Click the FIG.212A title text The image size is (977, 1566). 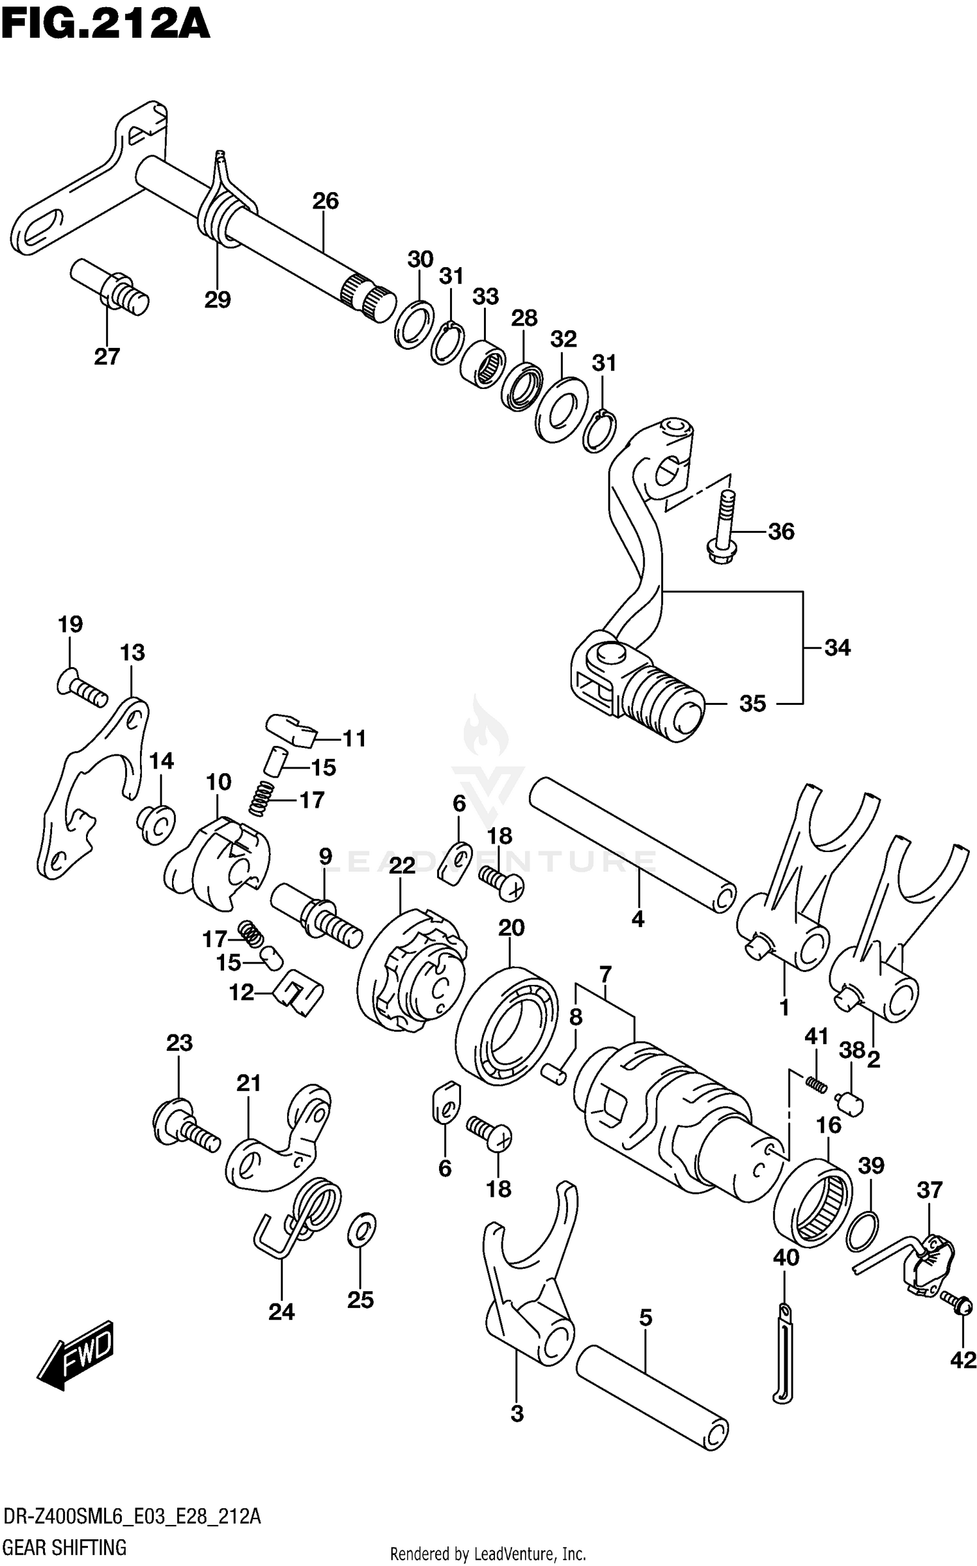[x=105, y=26]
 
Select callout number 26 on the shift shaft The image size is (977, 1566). [x=325, y=201]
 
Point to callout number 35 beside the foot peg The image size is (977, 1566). [x=752, y=704]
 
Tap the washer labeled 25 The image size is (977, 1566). [x=362, y=1229]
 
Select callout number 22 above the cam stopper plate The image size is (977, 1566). [x=402, y=866]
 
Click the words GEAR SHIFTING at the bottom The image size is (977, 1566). [x=64, y=1546]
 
